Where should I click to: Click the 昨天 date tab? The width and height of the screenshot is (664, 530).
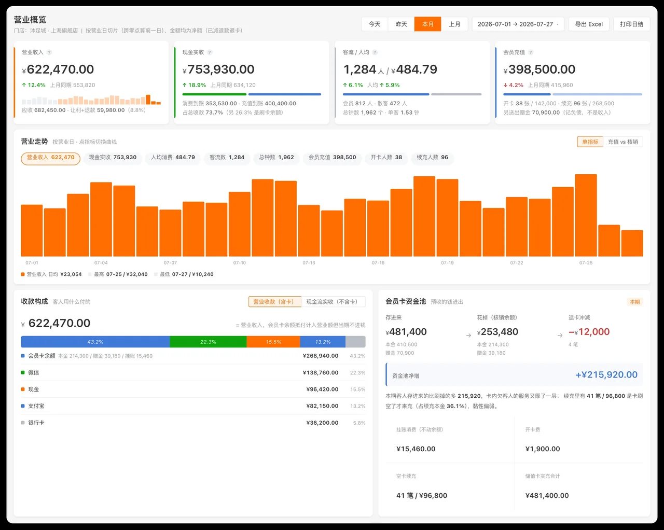click(x=401, y=24)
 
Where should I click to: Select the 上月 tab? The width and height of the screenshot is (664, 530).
click(x=454, y=24)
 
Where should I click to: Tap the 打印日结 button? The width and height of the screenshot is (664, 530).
click(x=632, y=24)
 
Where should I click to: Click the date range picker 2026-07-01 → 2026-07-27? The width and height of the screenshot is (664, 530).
click(x=518, y=24)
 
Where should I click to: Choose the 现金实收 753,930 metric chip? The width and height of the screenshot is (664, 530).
click(x=113, y=157)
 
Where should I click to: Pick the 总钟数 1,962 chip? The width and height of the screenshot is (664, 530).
click(x=276, y=157)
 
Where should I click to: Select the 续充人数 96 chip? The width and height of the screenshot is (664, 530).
click(x=432, y=157)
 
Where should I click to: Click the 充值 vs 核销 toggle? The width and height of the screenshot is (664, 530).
click(x=622, y=142)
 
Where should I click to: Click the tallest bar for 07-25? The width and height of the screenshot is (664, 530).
click(x=586, y=215)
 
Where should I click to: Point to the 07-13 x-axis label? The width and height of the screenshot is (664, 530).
click(x=309, y=263)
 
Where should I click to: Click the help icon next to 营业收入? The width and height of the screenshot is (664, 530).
click(x=49, y=52)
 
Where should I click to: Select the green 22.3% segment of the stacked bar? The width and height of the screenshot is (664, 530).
click(x=208, y=342)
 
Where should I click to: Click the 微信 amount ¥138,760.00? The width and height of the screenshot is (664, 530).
click(x=321, y=373)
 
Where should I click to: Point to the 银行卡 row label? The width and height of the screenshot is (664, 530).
click(x=36, y=423)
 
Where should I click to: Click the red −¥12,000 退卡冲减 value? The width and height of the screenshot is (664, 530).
click(x=589, y=332)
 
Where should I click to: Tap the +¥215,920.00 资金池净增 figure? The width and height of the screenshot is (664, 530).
click(x=606, y=374)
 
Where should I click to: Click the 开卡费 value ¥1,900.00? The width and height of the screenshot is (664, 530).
click(x=543, y=449)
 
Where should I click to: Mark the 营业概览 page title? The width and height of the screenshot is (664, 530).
click(x=30, y=20)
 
